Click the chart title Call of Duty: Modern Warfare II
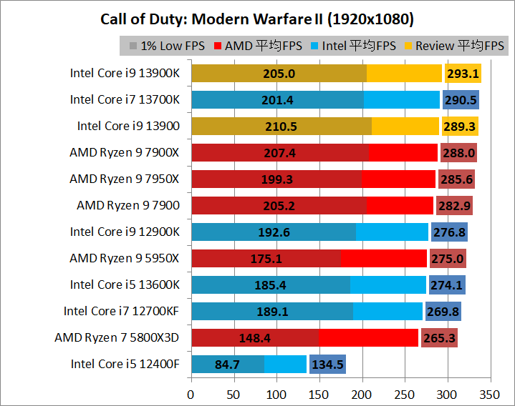click(x=257, y=18)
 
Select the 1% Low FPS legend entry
click(x=167, y=46)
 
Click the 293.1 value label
click(x=463, y=73)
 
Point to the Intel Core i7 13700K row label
click(x=125, y=99)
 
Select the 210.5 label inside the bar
click(x=279, y=126)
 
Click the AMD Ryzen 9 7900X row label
click(x=125, y=152)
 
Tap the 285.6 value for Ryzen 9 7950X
click(x=456, y=179)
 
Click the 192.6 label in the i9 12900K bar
click(x=273, y=232)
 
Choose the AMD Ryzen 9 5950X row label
click(x=125, y=258)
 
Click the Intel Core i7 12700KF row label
click(x=122, y=311)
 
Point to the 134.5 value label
click(x=327, y=364)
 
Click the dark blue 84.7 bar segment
click(x=227, y=364)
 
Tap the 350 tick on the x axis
click(x=490, y=394)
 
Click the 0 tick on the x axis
click(x=191, y=394)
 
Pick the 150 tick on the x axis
click(x=319, y=394)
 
